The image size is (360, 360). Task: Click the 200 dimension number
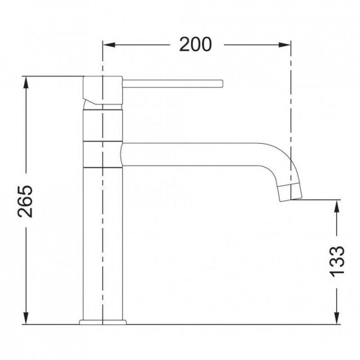tap(195, 44)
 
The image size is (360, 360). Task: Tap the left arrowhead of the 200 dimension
tap(109, 45)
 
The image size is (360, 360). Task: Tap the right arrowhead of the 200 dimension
tap(284, 45)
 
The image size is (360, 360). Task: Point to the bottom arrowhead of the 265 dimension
tap(26, 318)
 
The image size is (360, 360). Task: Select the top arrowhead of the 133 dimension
tap(337, 206)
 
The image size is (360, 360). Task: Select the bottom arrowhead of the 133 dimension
tap(337, 318)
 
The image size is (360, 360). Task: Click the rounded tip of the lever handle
tap(222, 84)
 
